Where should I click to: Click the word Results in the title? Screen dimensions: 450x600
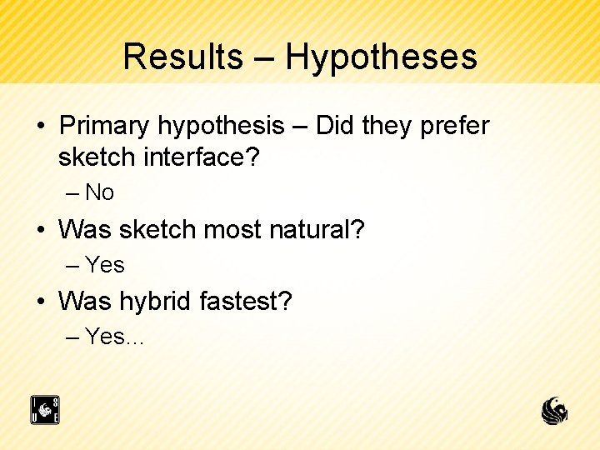click(182, 57)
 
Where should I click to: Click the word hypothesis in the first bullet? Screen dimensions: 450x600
click(221, 127)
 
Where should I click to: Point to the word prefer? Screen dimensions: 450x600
click(454, 127)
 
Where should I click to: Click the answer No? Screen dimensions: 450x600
click(99, 192)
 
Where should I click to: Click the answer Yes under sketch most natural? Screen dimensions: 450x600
click(105, 265)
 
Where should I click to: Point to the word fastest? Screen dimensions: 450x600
click(246, 301)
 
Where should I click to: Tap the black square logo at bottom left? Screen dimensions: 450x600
click(45, 410)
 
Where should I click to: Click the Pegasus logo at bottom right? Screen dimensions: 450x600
click(555, 410)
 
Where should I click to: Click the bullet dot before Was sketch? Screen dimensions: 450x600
click(41, 229)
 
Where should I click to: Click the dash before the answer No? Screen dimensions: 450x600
click(72, 193)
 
